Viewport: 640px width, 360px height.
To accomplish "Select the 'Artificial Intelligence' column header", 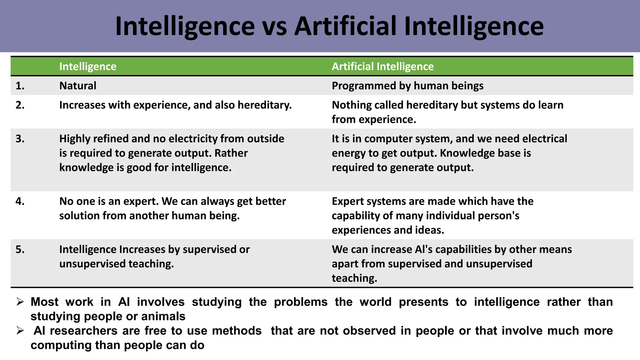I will tap(382, 67).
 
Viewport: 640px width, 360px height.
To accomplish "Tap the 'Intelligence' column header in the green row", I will tap(88, 67).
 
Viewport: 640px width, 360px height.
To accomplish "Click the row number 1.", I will tap(20, 86).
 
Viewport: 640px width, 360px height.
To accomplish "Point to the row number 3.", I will tap(20, 139).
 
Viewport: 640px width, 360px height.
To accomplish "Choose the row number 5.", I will tap(20, 249).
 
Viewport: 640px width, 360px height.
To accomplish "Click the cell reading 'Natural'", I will tap(78, 86).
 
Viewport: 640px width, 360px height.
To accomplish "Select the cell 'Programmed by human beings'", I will tap(407, 86).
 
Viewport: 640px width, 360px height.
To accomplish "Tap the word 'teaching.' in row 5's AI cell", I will tap(354, 278).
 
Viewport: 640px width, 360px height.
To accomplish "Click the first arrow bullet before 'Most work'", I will tap(20, 302).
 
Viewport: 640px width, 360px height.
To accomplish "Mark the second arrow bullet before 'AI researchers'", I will tap(20, 331).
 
